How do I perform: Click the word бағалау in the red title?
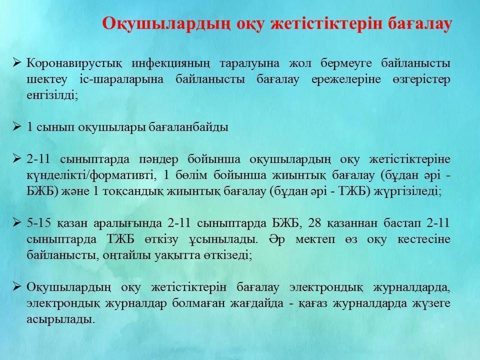click(420, 24)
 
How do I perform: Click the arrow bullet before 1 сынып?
click(16, 126)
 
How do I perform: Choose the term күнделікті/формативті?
click(91, 175)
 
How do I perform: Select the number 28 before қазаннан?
click(314, 223)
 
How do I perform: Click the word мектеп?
click(315, 239)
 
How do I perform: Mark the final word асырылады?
click(60, 320)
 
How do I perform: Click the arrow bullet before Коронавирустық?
click(16, 63)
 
